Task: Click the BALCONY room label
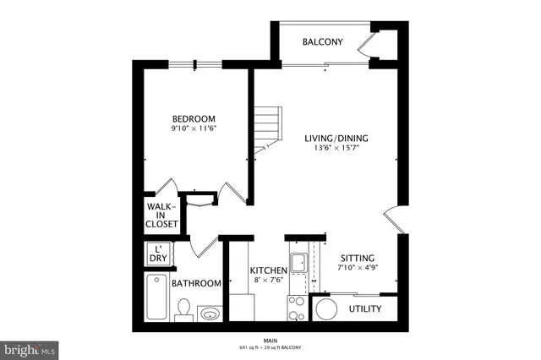322,41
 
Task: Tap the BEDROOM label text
194,118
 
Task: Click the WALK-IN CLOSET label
161,215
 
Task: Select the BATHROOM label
196,284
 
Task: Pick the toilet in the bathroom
183,313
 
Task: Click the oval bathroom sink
210,315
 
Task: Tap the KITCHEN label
269,270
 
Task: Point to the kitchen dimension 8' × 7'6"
269,281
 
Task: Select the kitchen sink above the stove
298,262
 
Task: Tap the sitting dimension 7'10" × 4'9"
358,269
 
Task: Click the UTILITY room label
365,308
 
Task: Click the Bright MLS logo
30,347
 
